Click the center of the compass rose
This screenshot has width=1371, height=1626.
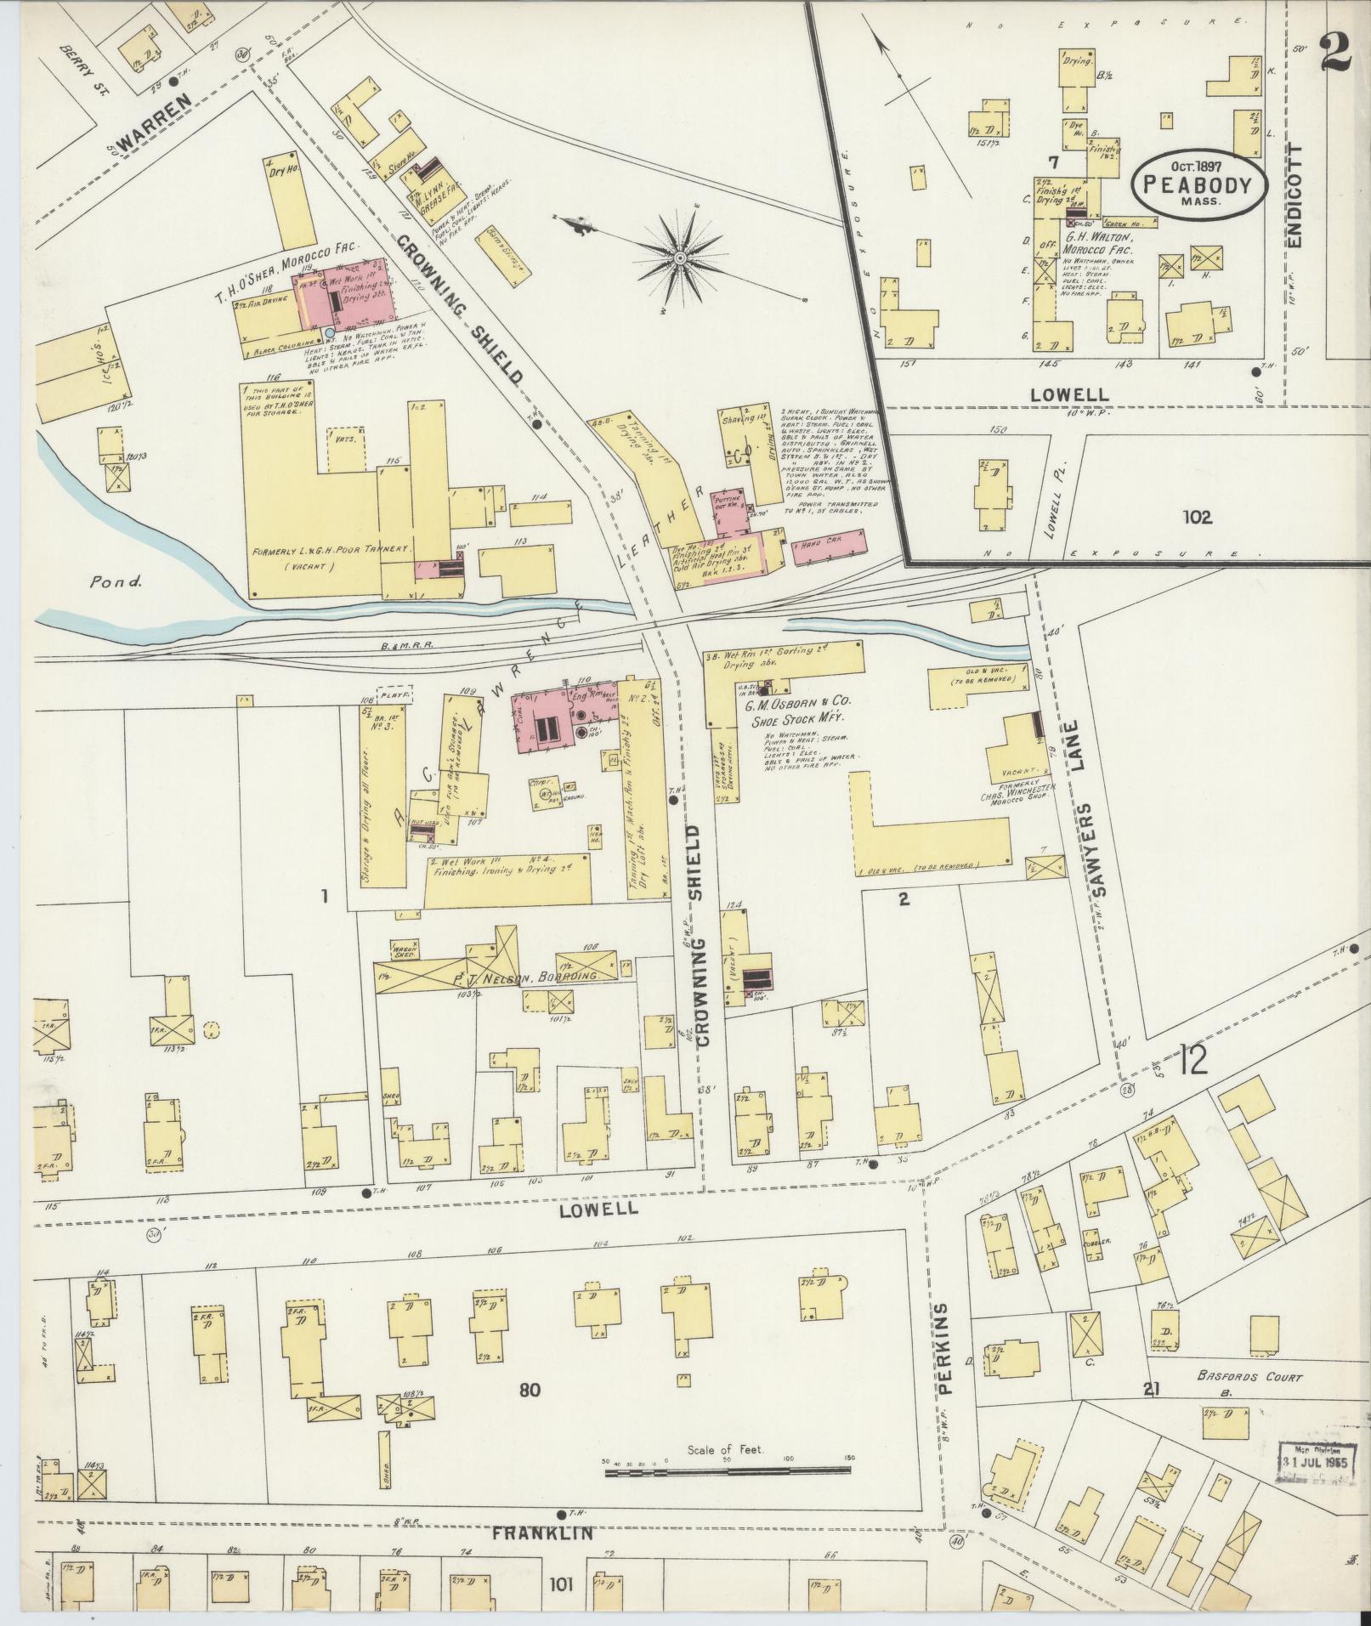click(681, 256)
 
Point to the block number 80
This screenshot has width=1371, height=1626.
click(530, 1391)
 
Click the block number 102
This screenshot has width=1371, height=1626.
click(1196, 516)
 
